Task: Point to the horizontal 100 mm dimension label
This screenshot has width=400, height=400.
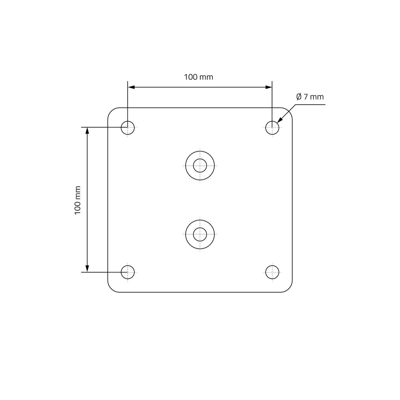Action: pos(199,77)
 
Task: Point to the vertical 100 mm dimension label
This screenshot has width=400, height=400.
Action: pos(78,200)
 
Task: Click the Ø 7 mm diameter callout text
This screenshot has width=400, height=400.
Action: pos(310,97)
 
